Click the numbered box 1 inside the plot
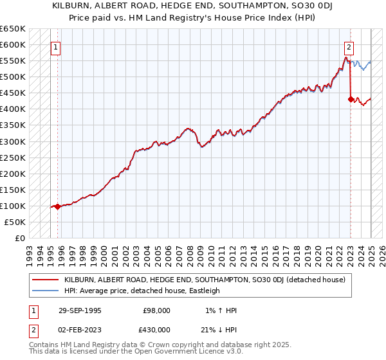[x=55, y=47]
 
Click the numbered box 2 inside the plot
[x=349, y=47]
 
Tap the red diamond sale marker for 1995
[x=57, y=206]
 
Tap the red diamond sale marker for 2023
[x=351, y=100]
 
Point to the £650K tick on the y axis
[x=14, y=29]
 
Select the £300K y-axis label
[x=14, y=141]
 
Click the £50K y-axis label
[x=15, y=222]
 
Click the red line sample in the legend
[x=46, y=280]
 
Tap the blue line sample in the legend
[x=46, y=291]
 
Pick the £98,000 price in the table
[x=157, y=310]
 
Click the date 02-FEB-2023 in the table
[x=80, y=329]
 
